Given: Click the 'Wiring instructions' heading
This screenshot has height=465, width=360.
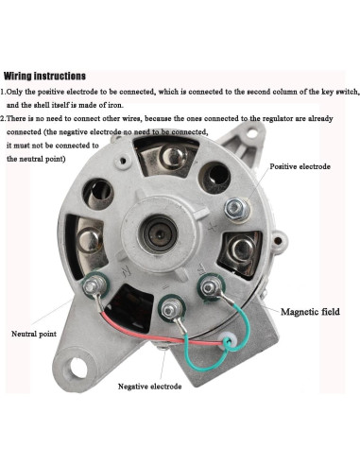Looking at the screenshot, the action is coord(44,76).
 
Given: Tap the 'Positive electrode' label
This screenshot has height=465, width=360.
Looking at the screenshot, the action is coord(300,166).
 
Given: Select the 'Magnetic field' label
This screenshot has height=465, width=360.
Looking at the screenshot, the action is coord(310,312).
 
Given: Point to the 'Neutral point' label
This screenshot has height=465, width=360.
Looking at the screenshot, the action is coord(34,334).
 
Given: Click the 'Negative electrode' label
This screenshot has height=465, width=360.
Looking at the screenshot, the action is coord(149,387).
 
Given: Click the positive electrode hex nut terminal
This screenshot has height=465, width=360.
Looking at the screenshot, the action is coord(236,209).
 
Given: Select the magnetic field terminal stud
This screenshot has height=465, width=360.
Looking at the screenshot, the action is coord(210,287).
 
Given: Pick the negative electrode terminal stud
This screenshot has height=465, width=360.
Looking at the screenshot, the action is coord(170,310).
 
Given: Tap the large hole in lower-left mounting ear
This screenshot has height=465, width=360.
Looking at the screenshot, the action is coord(78,368).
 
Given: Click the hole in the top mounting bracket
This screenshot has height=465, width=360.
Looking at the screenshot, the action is coord(251,133).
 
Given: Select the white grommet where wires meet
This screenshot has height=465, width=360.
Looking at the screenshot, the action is coord(231,339).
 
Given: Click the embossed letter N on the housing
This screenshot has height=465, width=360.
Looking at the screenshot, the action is coord(127,271).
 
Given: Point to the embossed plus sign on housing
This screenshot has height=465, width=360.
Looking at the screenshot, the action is coord(213,226).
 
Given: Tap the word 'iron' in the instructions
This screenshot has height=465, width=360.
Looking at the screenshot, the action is coord(114,105).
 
